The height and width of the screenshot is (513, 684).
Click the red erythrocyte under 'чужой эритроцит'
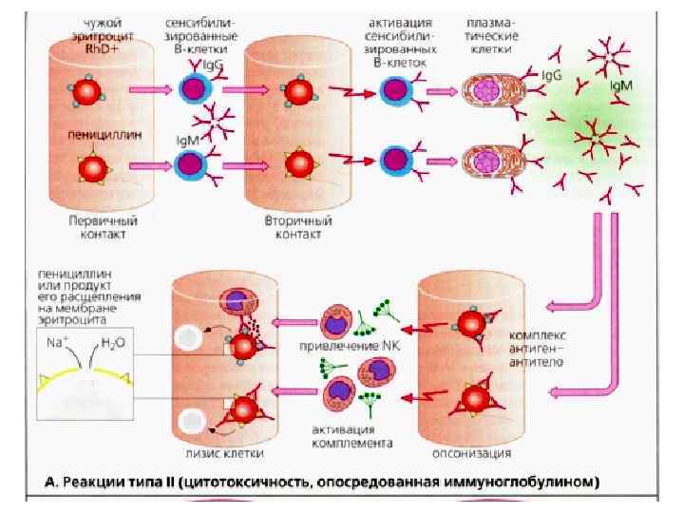point(87,91)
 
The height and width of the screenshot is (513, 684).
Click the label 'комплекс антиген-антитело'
point(539,351)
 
